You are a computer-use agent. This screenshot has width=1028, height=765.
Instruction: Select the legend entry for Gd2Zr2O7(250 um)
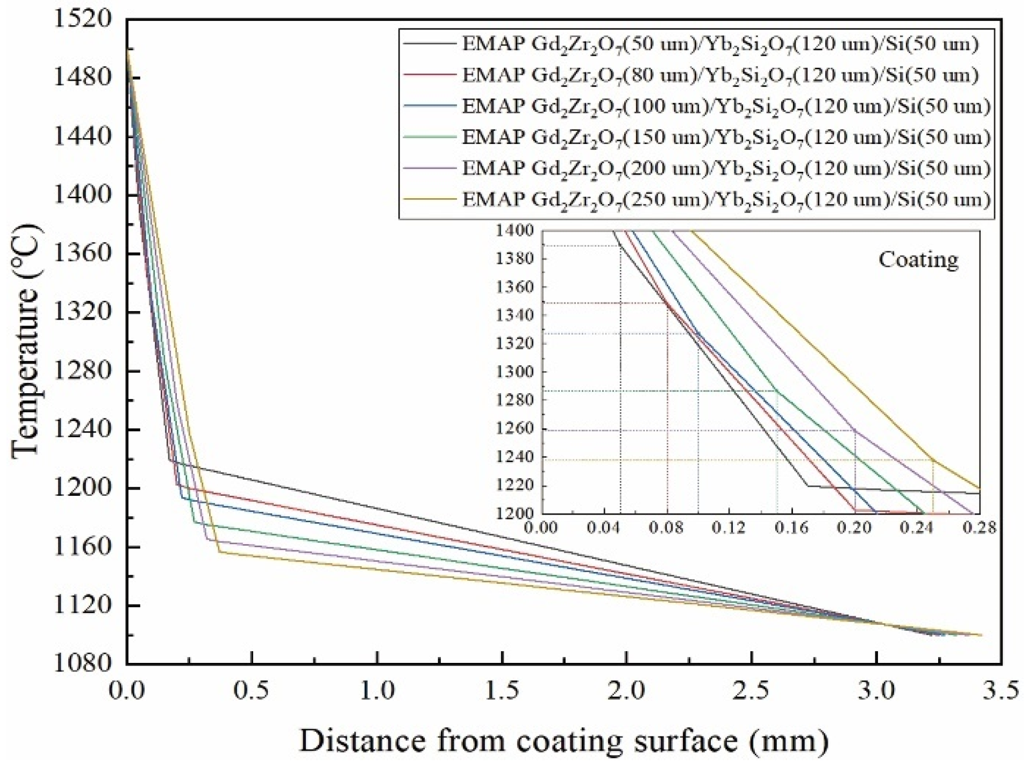point(726,200)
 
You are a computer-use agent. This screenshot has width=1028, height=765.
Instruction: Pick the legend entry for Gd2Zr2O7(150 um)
point(726,138)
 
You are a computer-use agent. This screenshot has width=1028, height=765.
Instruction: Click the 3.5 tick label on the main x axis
point(1001,690)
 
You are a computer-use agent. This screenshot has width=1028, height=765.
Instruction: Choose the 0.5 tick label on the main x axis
point(252,690)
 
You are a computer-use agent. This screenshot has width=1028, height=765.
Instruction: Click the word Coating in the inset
point(918,259)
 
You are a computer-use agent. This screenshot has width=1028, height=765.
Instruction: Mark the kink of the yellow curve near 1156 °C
point(219,551)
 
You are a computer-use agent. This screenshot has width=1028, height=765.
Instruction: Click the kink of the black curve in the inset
point(807,486)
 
